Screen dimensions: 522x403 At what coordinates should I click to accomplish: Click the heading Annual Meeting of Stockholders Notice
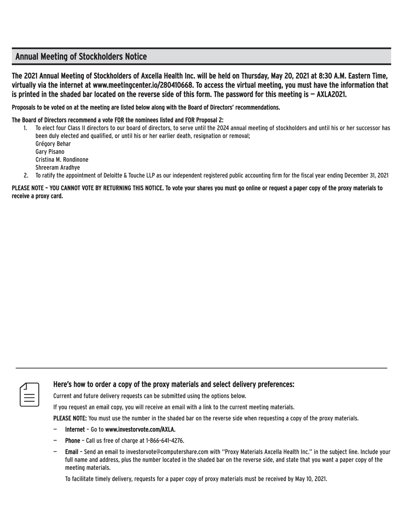pos(81,57)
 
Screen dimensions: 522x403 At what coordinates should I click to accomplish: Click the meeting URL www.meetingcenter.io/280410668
pos(143,85)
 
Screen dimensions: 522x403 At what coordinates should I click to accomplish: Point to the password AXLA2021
pos(331,94)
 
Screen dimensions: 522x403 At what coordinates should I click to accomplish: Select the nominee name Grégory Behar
pos(53,144)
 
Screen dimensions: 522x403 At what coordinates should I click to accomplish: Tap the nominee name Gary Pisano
pos(50,152)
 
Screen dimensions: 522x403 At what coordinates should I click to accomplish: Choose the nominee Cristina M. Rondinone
pos(62,159)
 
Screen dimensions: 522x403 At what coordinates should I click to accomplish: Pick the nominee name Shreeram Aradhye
pos(57,168)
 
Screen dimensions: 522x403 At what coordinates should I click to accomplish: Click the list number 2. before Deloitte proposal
pos(26,175)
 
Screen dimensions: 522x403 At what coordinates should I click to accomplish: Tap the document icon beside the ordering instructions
pos(29,394)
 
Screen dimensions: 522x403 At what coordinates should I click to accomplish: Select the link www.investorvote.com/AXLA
pos(140,429)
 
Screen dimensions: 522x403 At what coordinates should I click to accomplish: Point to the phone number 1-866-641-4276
pos(165,441)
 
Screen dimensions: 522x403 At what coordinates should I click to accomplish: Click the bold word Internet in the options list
pos(75,429)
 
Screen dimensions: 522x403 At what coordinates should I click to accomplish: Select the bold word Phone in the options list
pos(73,441)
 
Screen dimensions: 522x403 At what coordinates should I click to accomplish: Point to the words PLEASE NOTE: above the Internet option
pos(70,419)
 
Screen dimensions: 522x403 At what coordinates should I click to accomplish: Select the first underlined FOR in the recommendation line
pos(119,120)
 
